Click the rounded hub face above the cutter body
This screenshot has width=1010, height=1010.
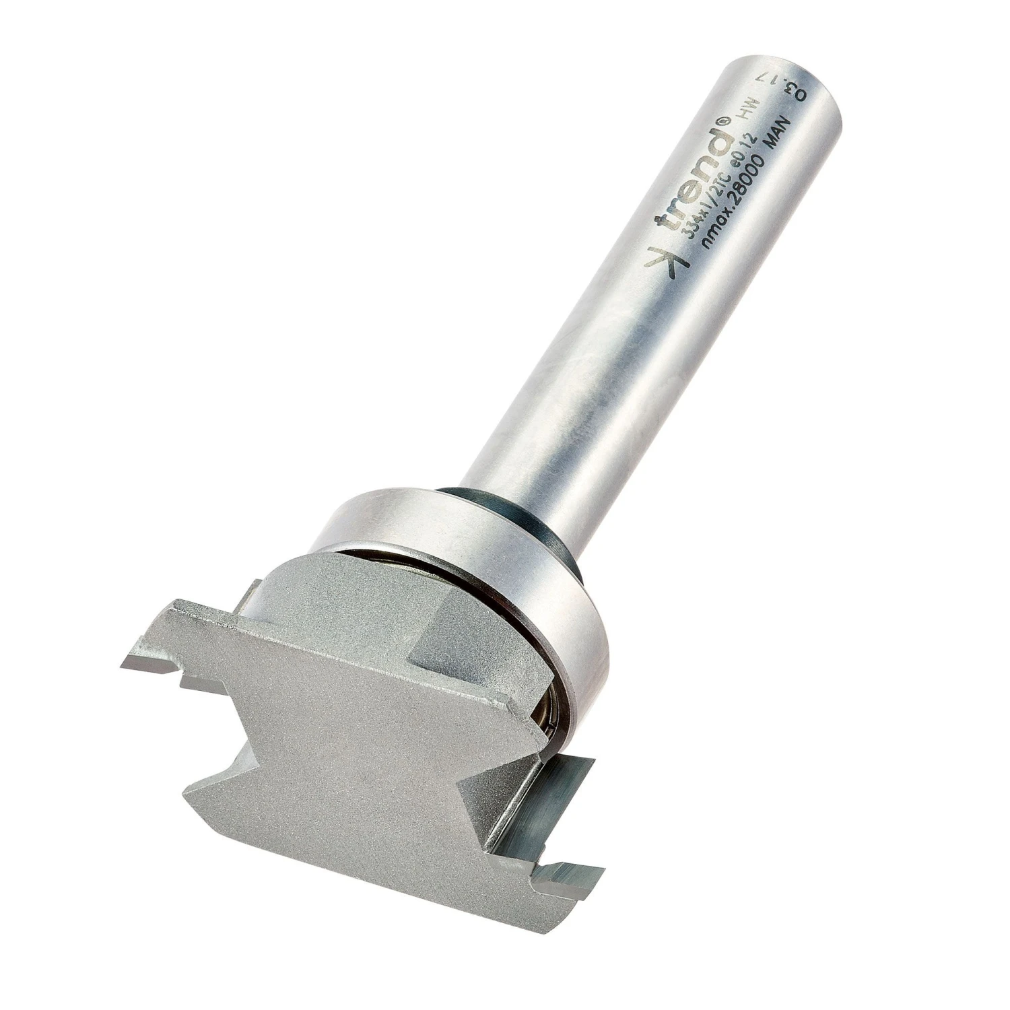point(337,593)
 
